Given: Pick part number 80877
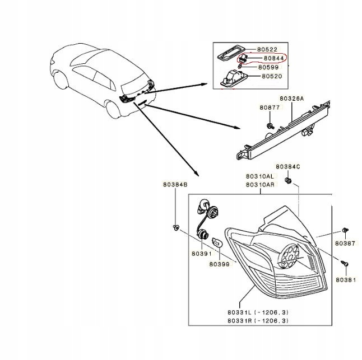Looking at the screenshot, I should tap(269, 107).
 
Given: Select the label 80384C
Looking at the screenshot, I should tap(287, 167).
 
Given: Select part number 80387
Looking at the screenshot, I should tap(345, 244).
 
